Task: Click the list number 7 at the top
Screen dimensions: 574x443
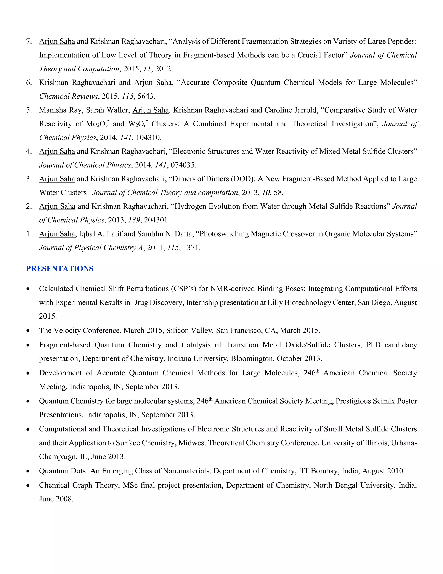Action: [x=29, y=41]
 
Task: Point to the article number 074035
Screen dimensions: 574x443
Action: [x=183, y=165]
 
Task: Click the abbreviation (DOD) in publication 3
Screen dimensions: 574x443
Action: [x=243, y=179]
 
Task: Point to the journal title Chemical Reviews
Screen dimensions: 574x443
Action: [x=68, y=96]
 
